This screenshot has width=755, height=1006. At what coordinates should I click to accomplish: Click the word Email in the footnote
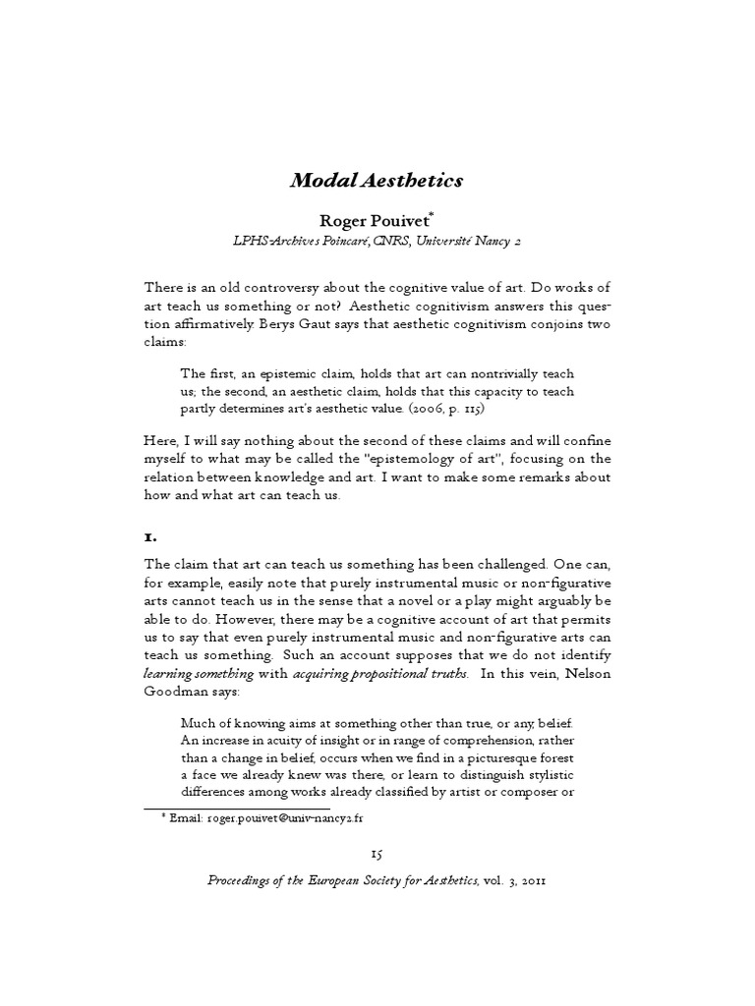[x=187, y=817]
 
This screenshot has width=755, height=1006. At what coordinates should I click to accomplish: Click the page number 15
[x=377, y=855]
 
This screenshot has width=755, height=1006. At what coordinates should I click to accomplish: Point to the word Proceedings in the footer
[x=256, y=881]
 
